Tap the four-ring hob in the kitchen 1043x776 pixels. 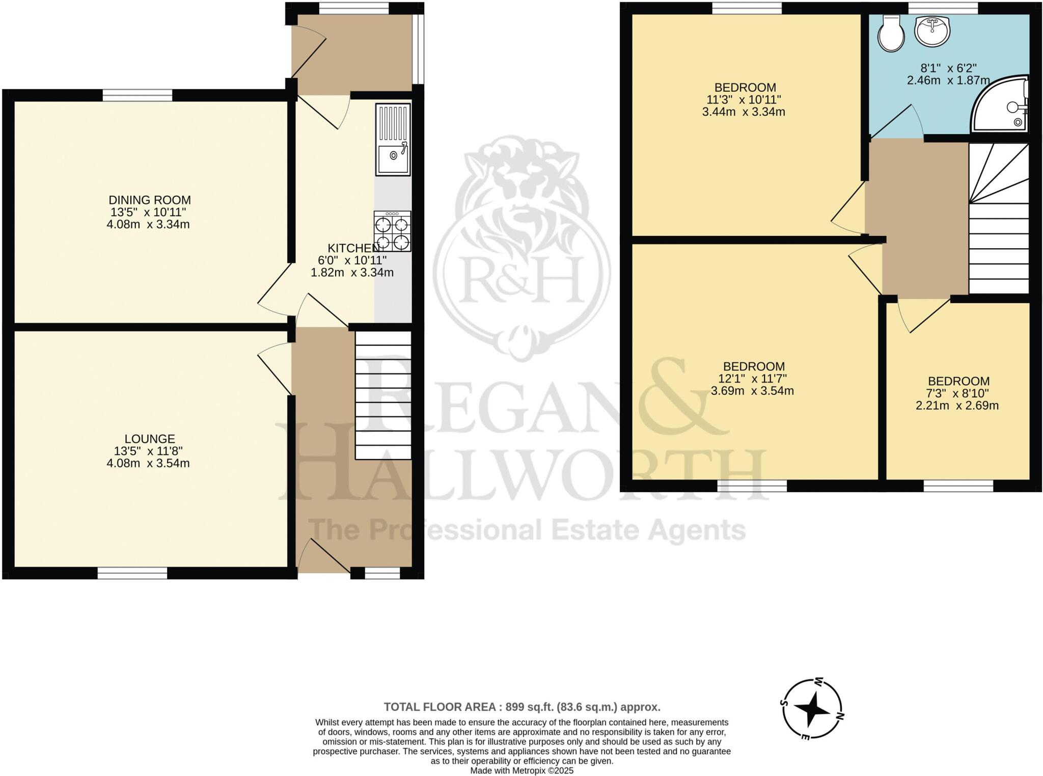392,232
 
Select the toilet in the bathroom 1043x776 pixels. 891,33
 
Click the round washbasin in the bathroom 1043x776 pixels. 932,32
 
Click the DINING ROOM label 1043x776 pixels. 150,200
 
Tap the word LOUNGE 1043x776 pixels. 150,439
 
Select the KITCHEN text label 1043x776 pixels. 353,248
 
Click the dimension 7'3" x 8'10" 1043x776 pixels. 958,393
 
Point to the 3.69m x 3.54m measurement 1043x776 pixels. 752,391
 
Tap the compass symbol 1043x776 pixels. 812,708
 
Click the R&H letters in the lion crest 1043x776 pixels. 524,279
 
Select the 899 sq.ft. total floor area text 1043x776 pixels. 521,707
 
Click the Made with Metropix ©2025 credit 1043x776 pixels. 521,771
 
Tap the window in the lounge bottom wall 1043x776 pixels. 132,574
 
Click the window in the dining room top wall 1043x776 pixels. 138,95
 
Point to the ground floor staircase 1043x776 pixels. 383,395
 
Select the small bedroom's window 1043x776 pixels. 958,486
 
